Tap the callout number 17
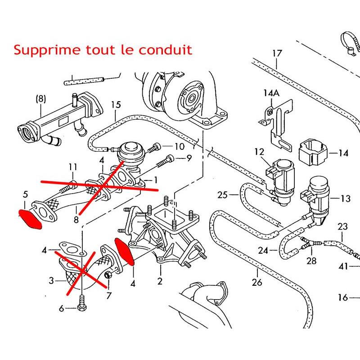[277, 54]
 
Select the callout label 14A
[271, 93]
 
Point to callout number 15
[116, 105]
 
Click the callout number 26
[257, 283]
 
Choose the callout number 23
[343, 226]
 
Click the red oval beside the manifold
[125, 252]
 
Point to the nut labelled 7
[108, 275]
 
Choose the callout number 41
[344, 266]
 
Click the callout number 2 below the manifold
[160, 282]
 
